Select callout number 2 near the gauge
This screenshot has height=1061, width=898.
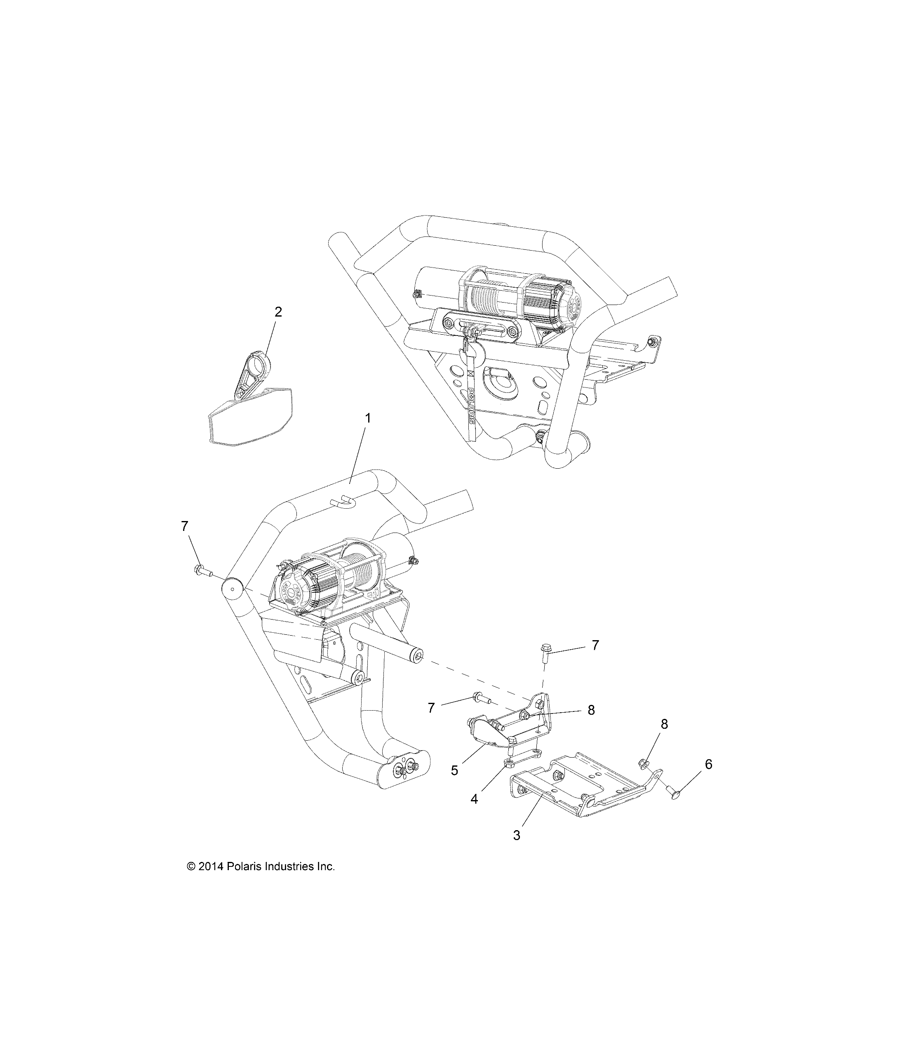click(x=278, y=312)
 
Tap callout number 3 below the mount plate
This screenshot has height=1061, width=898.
click(x=516, y=835)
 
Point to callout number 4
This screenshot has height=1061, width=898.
click(x=474, y=799)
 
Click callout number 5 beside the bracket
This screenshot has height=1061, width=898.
click(x=454, y=770)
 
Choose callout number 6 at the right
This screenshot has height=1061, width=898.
click(x=708, y=764)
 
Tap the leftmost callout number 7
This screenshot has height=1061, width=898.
click(x=185, y=526)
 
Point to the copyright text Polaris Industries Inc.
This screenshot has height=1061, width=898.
click(x=261, y=866)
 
